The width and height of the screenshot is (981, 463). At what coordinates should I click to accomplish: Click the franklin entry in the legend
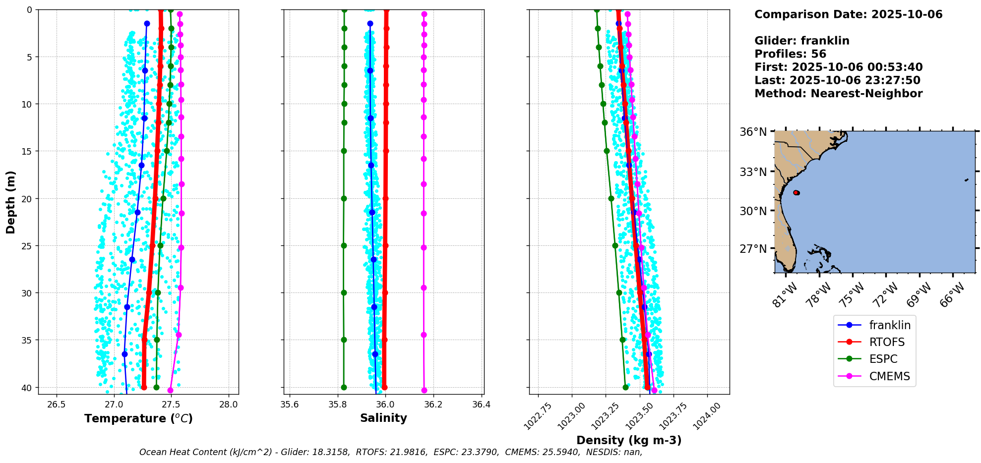889,325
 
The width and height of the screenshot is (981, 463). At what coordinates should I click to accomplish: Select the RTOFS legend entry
886,342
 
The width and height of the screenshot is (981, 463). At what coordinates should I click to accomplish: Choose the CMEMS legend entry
889,376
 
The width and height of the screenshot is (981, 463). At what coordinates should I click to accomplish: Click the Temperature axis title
138,418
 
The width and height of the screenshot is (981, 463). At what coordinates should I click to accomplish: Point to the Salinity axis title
383,418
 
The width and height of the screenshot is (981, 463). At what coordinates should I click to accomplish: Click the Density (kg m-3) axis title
629,440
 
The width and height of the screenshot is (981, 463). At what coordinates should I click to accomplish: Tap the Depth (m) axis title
11,202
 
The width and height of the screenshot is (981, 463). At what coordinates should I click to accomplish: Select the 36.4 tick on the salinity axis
481,405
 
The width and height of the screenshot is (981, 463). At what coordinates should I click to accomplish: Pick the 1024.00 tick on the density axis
705,416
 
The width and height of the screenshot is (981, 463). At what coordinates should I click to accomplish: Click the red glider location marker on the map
796,192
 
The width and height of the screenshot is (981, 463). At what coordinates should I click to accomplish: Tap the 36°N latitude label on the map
753,132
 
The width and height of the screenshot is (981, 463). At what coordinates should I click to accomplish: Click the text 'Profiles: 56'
790,54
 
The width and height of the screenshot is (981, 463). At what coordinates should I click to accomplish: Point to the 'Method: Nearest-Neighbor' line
838,94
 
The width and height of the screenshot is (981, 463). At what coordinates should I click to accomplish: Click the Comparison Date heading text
848,14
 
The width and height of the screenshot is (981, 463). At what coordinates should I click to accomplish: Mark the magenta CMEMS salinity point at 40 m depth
424,390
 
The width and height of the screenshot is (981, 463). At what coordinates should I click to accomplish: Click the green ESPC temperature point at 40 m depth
156,387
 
